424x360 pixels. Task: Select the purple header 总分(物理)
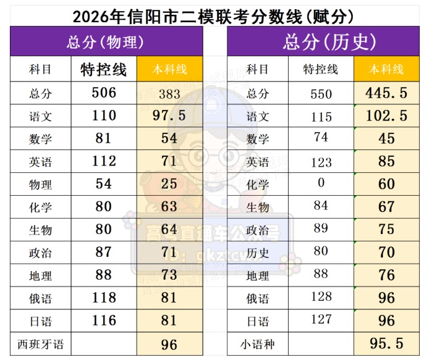106,42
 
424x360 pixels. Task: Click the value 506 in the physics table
103,93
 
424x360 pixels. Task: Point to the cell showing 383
169,93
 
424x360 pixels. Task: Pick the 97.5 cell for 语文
169,115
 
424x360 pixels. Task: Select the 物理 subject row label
41,184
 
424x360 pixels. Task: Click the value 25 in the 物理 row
169,184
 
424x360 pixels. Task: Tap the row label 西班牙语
41,343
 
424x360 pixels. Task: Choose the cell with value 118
103,298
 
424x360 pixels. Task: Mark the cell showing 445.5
386,93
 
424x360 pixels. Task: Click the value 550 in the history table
321,94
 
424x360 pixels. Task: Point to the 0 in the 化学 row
321,183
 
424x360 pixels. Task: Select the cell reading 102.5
386,116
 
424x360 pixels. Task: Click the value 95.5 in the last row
386,343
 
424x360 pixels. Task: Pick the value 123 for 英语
321,162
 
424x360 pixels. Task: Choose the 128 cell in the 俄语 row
321,297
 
